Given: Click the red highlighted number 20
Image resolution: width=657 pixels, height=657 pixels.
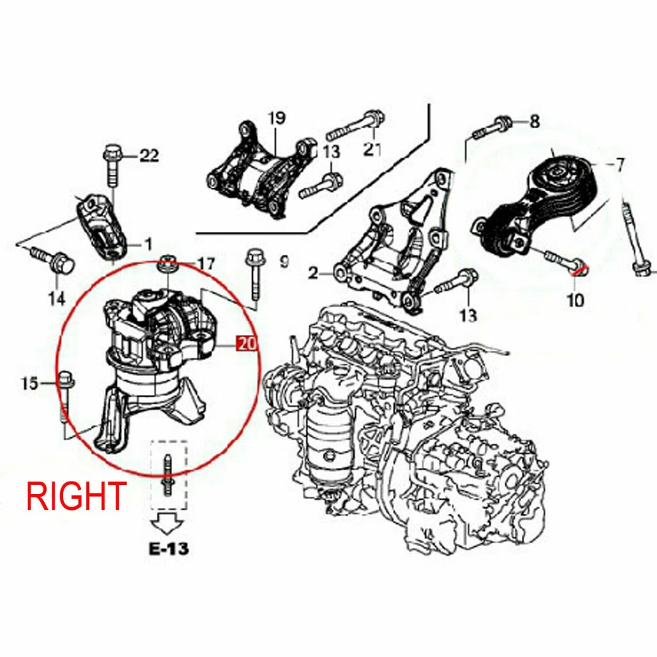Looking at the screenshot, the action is coord(246,344).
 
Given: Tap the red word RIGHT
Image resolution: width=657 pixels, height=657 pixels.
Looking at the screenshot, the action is coord(76,495).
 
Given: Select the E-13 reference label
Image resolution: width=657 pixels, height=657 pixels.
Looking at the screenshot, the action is coord(169,549).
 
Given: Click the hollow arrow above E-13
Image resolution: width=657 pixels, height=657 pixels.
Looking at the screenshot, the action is coord(168,523).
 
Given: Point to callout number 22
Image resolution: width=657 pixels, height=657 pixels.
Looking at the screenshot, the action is coord(149,156).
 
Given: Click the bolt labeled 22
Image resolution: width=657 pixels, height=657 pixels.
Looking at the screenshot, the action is coord(112,166).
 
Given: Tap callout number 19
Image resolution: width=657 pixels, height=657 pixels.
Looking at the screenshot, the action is coord(277,118).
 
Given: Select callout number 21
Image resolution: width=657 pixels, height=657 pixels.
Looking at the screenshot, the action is coord(372,148).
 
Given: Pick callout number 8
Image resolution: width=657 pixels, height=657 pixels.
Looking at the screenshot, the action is coord(535,122).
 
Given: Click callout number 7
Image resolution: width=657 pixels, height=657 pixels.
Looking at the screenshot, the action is coord(620,164).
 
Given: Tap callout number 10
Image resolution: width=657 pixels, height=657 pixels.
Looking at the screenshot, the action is coord(576,300).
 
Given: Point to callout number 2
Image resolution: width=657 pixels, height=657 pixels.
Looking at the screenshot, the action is coord(313,273).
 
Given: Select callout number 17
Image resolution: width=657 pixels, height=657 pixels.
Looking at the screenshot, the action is coord(206,264).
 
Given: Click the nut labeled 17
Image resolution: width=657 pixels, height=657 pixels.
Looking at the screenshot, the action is coord(168,265).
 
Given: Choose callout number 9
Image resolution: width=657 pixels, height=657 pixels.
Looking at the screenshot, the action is coord(284,262).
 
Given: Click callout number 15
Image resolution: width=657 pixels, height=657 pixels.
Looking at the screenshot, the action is coord(30,384).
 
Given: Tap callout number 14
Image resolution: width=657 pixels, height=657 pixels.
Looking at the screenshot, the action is coord(57,299).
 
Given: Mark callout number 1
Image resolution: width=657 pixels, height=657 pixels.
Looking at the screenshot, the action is coord(148,244).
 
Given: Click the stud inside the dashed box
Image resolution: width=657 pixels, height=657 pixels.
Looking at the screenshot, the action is coord(168,476).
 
